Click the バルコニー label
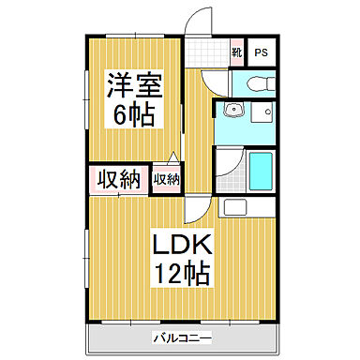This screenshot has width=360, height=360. pyautogui.click(x=177, y=336)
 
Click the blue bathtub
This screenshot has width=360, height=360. pyautogui.click(x=262, y=171)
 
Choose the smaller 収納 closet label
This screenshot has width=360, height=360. pyautogui.click(x=167, y=178)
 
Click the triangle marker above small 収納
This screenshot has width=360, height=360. pyautogui.click(x=172, y=157)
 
